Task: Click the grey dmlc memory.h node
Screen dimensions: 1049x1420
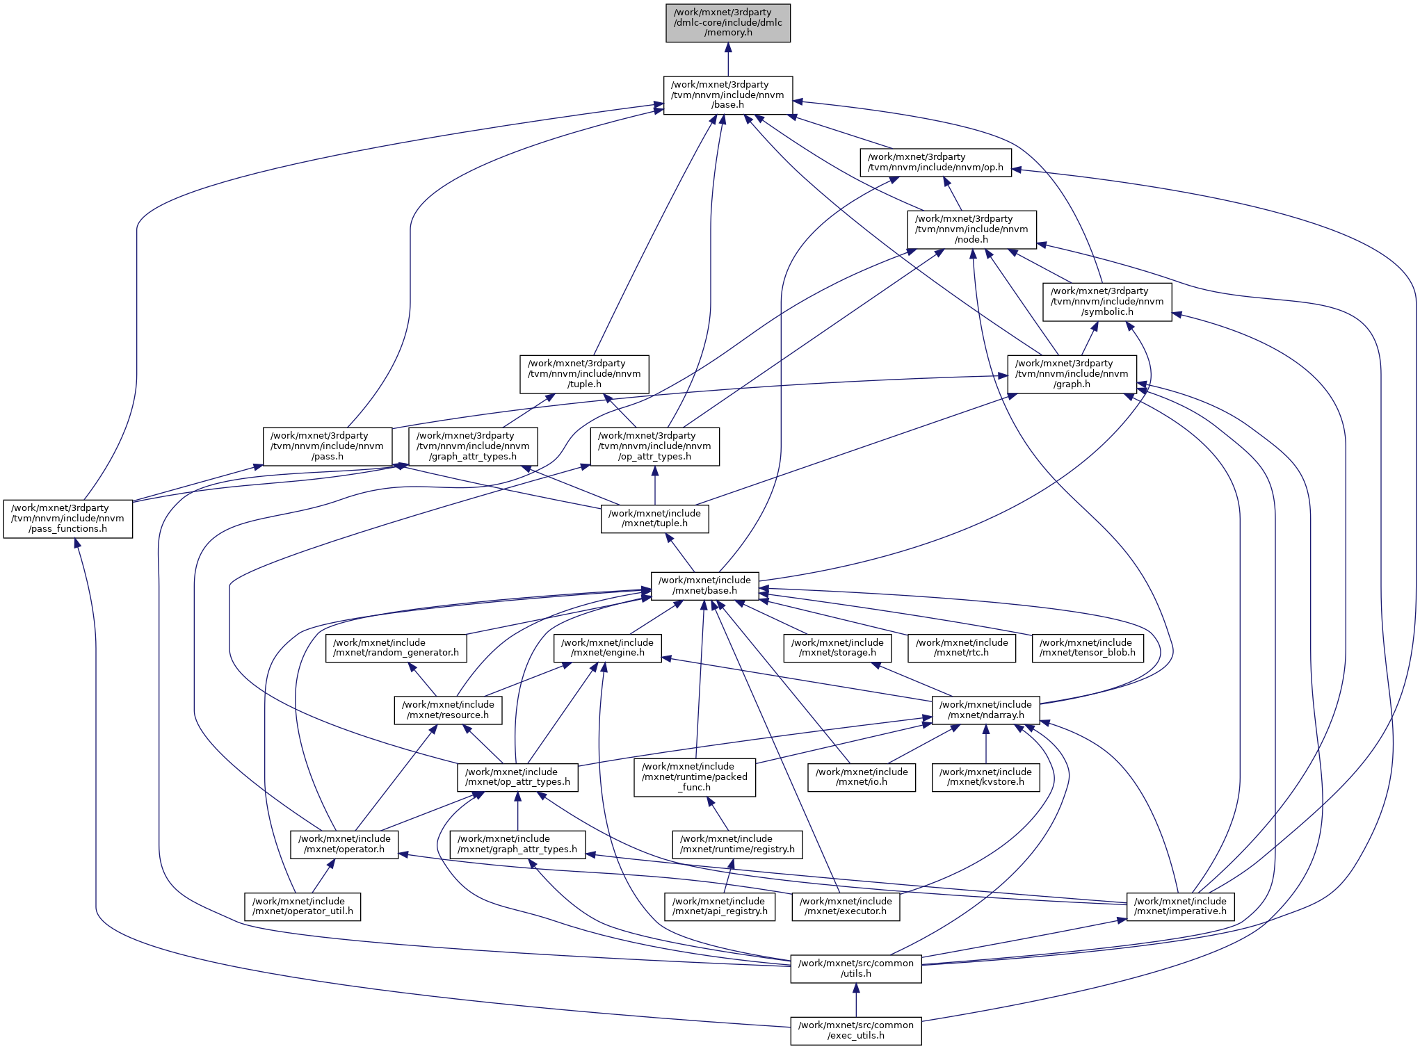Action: pos(727,23)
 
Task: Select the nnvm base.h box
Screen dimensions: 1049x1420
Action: pos(727,95)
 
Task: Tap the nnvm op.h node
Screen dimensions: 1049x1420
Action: pos(935,163)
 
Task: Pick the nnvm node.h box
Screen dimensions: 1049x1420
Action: pos(971,229)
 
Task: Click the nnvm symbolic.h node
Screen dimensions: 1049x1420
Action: pos(1107,302)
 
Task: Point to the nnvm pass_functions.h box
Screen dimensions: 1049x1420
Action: pos(67,519)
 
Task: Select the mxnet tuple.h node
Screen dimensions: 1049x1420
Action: pos(654,519)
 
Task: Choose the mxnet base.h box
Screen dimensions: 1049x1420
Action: pos(704,585)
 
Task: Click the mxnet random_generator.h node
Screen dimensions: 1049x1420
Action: pos(396,648)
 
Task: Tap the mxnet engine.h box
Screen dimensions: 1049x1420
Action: pos(607,648)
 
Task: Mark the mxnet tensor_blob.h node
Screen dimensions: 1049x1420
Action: pos(1087,648)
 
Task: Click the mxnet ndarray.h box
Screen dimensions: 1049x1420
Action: pos(985,710)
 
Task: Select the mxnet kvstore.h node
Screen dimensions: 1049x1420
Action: pos(985,777)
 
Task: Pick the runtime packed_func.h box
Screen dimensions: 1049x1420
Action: pos(694,777)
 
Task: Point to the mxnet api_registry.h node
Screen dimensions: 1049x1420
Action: pos(720,906)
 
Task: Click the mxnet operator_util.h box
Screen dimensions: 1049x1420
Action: pos(302,906)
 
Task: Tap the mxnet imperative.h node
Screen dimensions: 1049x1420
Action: pos(1180,906)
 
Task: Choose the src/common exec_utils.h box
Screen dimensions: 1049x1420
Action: pos(855,1030)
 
